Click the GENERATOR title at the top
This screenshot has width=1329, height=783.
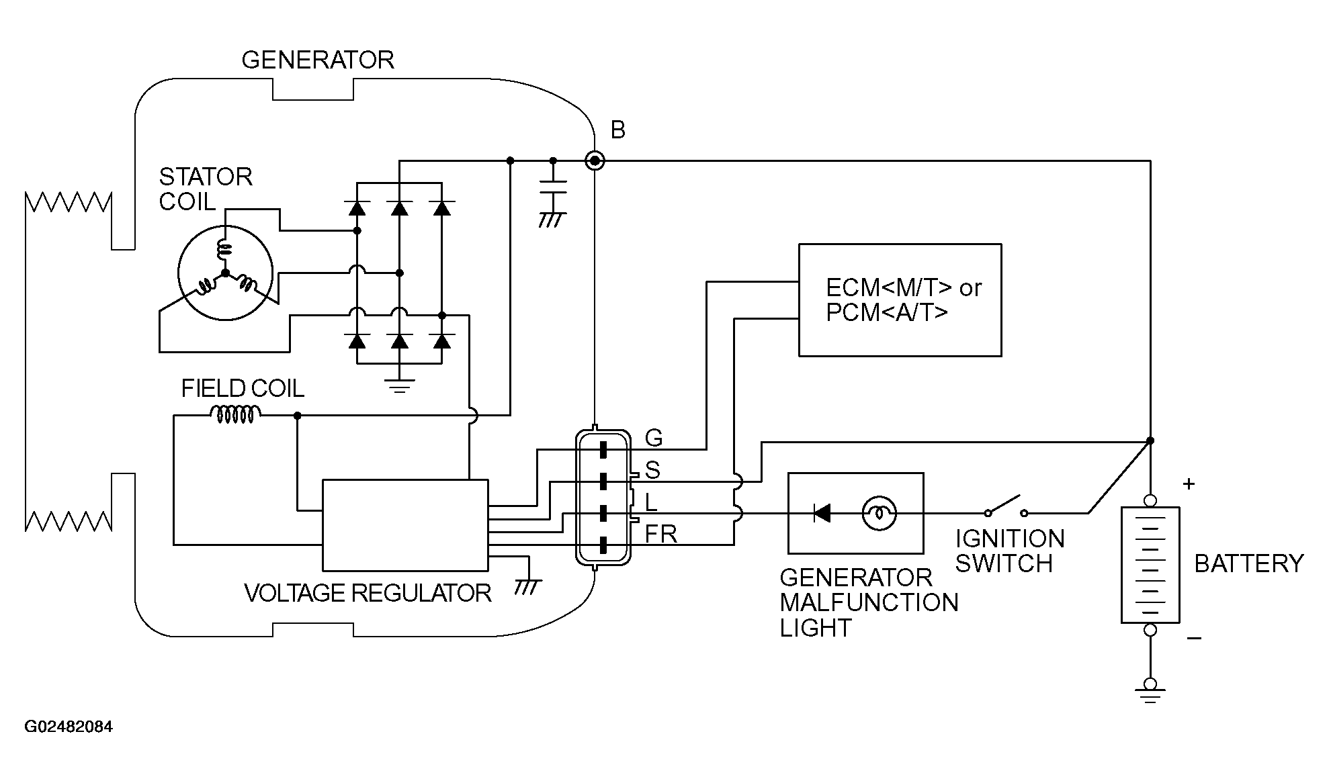[317, 60]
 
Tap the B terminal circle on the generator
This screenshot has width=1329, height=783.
[595, 161]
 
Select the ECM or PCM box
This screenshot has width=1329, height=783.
[900, 300]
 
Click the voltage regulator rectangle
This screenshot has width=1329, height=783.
[405, 525]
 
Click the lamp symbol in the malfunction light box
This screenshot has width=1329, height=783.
[879, 514]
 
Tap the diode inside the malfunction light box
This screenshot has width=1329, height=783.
[821, 514]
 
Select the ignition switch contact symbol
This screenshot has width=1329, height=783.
[1006, 506]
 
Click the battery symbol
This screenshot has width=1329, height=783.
[1150, 565]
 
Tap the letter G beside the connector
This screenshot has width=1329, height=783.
[654, 439]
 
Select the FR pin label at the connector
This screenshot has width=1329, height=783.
[661, 535]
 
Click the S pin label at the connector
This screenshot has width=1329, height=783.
[652, 470]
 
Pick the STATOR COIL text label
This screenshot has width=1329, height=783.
[206, 189]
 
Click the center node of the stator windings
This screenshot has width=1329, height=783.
[225, 273]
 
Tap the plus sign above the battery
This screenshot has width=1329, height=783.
[1189, 483]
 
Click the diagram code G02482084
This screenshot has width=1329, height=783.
[69, 727]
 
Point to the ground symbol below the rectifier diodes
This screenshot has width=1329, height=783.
[400, 385]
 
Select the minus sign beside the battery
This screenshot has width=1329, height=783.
[1194, 638]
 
